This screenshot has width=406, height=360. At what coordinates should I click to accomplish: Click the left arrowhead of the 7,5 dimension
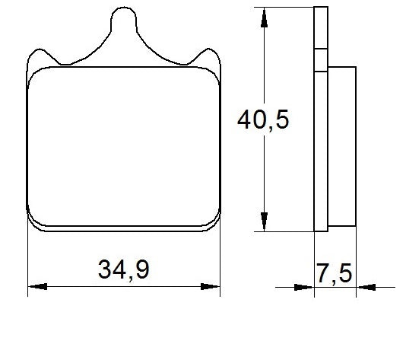(x=304, y=288)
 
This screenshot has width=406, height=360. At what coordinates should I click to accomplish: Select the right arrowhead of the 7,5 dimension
(x=365, y=288)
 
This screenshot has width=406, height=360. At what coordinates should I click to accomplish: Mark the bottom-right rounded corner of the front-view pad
(x=212, y=221)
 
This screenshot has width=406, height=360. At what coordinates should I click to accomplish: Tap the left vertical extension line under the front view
(x=28, y=259)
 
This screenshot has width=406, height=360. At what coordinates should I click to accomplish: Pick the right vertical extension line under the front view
(x=220, y=259)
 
